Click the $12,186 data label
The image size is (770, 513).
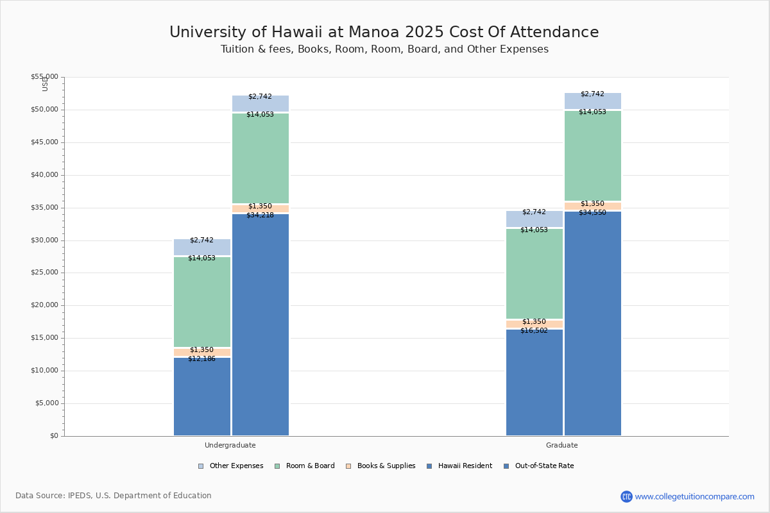pyautogui.click(x=201, y=359)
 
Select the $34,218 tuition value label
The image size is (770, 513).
pyautogui.click(x=260, y=215)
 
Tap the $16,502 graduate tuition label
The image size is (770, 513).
pyautogui.click(x=534, y=331)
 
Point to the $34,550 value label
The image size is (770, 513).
pyautogui.click(x=592, y=213)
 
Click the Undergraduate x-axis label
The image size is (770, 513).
pyautogui.click(x=230, y=445)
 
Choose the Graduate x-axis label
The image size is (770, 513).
pyautogui.click(x=561, y=445)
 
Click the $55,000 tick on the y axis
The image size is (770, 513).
pyautogui.click(x=44, y=77)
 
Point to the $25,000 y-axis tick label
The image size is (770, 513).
pyautogui.click(x=44, y=273)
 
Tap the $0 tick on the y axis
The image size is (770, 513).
pyautogui.click(x=53, y=436)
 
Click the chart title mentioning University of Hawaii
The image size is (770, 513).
pyautogui.click(x=384, y=33)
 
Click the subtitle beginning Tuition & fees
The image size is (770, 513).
pyautogui.click(x=384, y=49)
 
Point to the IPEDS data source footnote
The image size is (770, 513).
pyautogui.click(x=114, y=496)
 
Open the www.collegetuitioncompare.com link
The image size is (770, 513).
pyautogui.click(x=694, y=496)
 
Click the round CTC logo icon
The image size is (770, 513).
pyautogui.click(x=626, y=496)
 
